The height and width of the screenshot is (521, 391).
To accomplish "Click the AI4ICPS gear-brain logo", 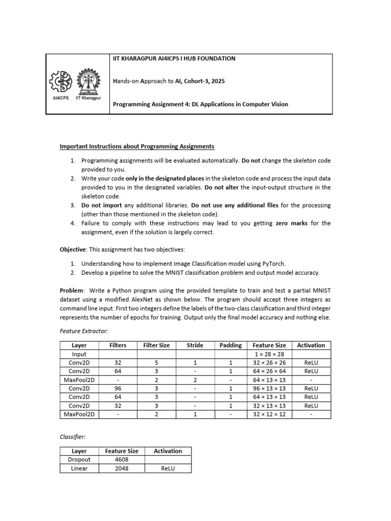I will [x=61, y=81].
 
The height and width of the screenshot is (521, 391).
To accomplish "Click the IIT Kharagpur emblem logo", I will [x=88, y=81].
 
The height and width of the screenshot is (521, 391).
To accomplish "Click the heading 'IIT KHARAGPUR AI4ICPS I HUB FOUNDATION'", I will [x=174, y=59].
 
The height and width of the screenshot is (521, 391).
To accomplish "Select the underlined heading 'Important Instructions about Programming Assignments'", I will [x=137, y=147].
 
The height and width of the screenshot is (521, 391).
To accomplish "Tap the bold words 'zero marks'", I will [x=291, y=223].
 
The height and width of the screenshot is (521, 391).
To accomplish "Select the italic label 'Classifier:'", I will [x=73, y=437].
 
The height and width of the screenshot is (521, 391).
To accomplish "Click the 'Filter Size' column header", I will [x=156, y=345].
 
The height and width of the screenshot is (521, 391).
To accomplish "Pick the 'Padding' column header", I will [x=231, y=345].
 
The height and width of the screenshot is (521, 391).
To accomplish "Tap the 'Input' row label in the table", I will [x=79, y=354].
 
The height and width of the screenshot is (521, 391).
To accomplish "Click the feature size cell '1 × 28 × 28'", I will [x=269, y=354].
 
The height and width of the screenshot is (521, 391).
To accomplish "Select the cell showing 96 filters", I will [x=118, y=389].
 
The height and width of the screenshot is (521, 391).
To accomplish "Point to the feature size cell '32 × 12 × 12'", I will [x=269, y=415].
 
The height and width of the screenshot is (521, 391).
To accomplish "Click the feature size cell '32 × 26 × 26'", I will [x=269, y=363].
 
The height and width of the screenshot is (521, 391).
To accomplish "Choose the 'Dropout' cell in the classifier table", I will [x=79, y=460].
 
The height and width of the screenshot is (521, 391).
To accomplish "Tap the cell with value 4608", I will [x=121, y=460].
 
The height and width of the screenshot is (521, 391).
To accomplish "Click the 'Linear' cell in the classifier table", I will [x=79, y=469].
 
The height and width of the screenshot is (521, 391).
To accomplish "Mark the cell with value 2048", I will [x=121, y=469].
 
